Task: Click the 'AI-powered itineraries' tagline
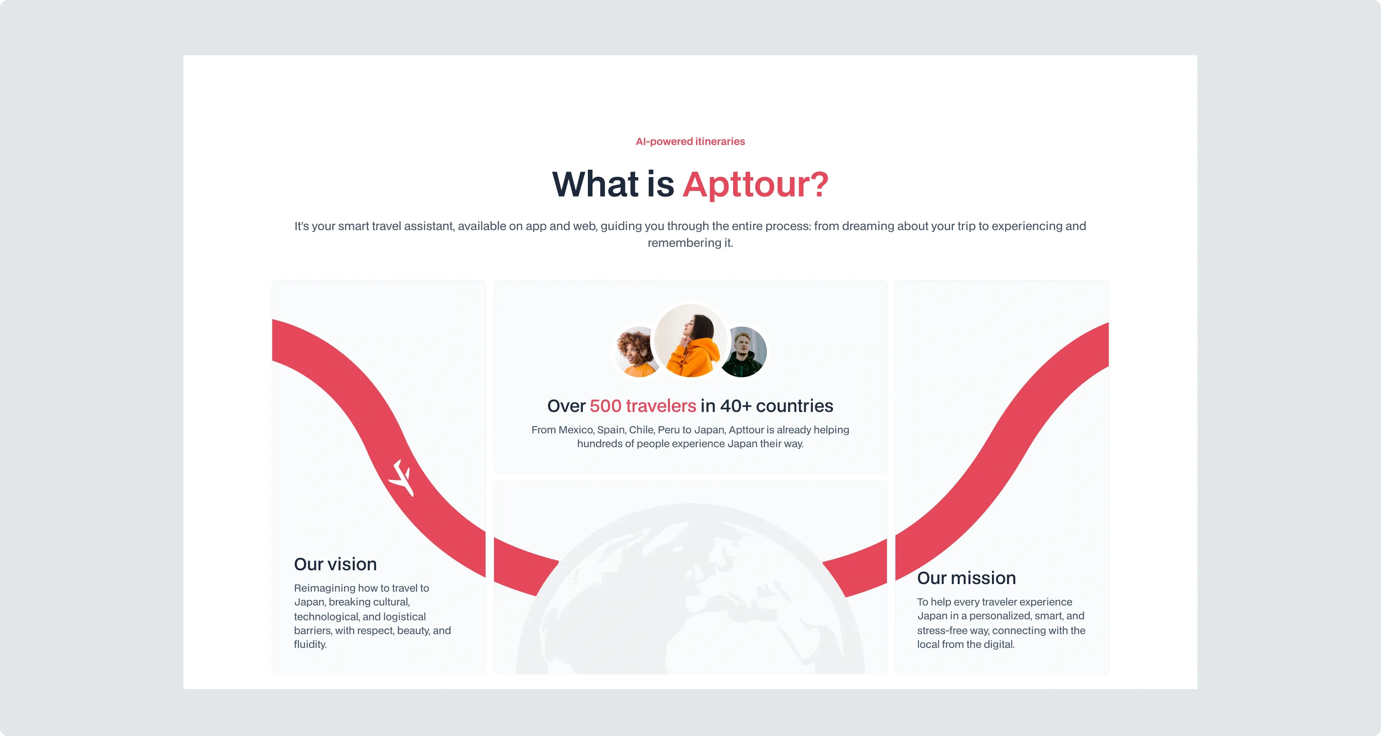[690, 142]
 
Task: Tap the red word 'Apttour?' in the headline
[755, 184]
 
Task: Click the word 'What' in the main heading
[595, 184]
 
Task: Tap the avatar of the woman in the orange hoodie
[690, 341]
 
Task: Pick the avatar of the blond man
[744, 352]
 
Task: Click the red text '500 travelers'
[643, 406]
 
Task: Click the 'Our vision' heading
[335, 564]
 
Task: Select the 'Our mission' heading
[966, 578]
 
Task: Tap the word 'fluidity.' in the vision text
[310, 644]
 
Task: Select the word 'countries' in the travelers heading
[795, 406]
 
